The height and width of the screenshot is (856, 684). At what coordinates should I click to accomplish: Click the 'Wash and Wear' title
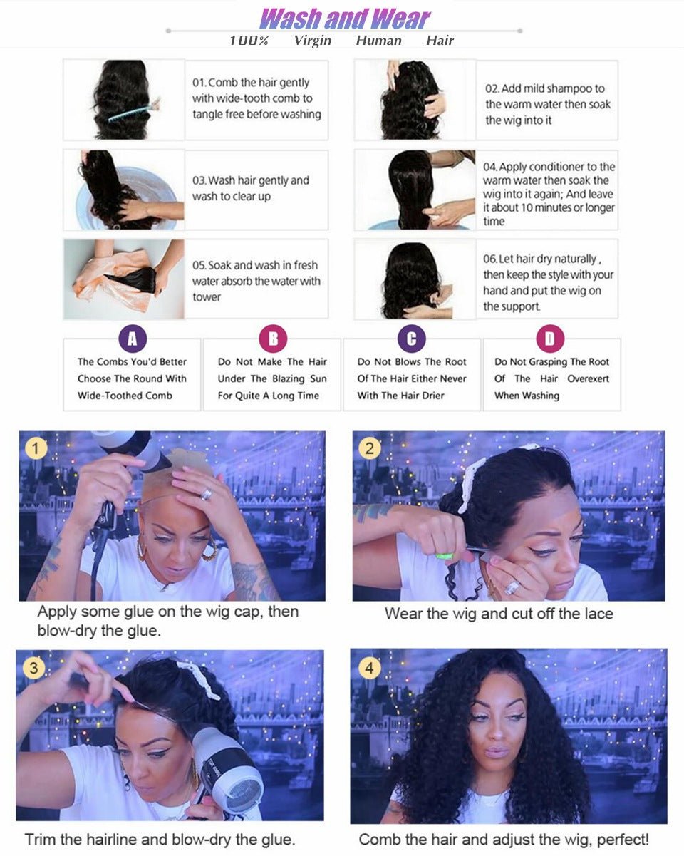[x=345, y=18]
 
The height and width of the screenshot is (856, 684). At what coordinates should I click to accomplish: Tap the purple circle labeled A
[x=132, y=339]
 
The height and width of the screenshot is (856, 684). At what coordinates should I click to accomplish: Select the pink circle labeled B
[x=272, y=339]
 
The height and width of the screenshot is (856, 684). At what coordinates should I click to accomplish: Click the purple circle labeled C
[x=411, y=339]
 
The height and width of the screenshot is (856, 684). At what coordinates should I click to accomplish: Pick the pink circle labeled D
[x=550, y=339]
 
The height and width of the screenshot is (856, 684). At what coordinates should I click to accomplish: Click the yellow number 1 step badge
[x=36, y=449]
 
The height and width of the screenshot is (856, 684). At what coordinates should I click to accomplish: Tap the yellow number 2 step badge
[x=369, y=449]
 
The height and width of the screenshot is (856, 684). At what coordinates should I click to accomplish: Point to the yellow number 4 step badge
[x=368, y=669]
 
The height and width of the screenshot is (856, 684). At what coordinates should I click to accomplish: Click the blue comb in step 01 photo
[x=132, y=110]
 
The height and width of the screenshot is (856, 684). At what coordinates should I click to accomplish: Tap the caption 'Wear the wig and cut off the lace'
[x=499, y=614]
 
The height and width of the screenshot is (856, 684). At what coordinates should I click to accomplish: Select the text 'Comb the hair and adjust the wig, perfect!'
[x=504, y=840]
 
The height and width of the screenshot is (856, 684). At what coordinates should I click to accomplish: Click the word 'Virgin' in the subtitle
[x=312, y=41]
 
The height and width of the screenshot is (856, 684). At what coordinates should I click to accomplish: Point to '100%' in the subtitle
[x=249, y=41]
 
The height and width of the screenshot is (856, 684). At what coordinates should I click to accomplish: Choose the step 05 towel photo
[x=123, y=279]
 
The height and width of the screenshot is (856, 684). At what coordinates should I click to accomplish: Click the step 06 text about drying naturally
[x=548, y=282]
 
